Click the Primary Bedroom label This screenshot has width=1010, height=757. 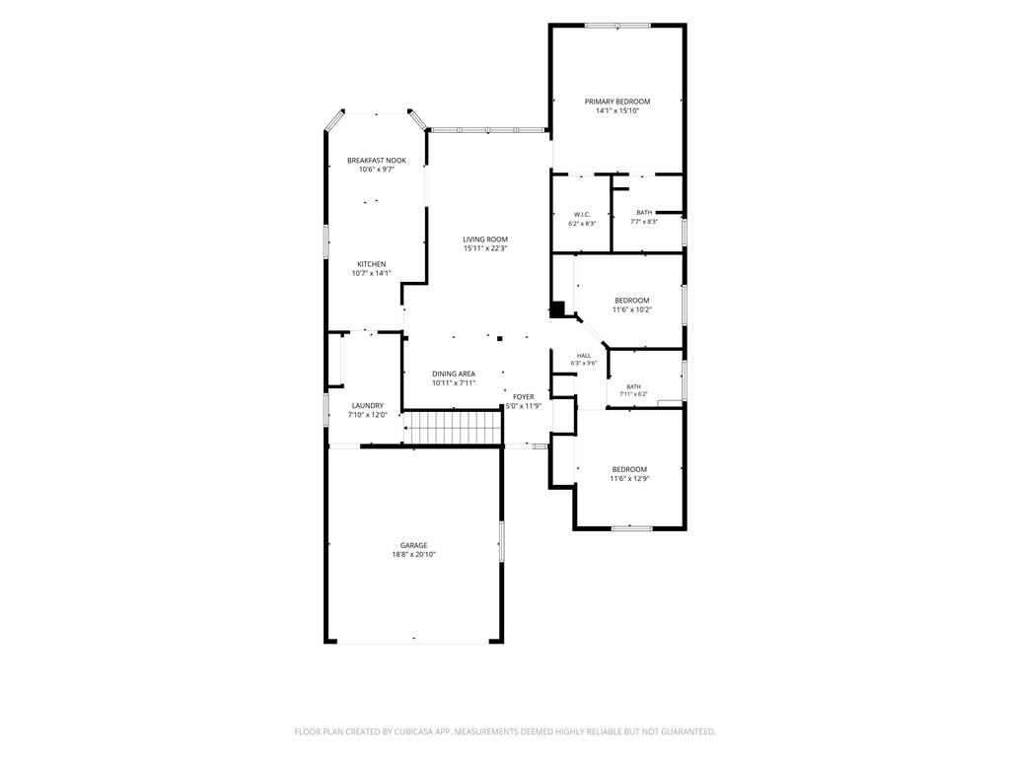tap(617, 102)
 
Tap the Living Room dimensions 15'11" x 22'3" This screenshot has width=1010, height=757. tap(485, 248)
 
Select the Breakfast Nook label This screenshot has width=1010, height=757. tap(377, 161)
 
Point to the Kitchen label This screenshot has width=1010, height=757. tap(372, 264)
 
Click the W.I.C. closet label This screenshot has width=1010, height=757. tap(582, 214)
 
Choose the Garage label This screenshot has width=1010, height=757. tap(413, 545)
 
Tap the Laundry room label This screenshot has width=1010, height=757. tap(368, 405)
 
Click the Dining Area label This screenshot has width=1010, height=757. tap(454, 374)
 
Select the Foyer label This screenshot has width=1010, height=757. tap(523, 396)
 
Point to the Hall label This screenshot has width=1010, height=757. tap(584, 355)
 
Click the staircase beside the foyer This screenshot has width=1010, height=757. tap(452, 428)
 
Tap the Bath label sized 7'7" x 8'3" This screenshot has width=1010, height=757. tap(644, 213)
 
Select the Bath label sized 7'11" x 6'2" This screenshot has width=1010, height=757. tap(633, 386)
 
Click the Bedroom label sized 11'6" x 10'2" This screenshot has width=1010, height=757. tap(632, 301)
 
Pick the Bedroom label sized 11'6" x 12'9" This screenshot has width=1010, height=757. tap(630, 469)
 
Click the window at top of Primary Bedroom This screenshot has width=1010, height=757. tap(617, 26)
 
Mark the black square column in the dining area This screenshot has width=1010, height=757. tap(499, 337)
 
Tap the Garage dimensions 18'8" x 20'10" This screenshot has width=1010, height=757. tap(413, 554)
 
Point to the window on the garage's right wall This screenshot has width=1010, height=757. tap(502, 541)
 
